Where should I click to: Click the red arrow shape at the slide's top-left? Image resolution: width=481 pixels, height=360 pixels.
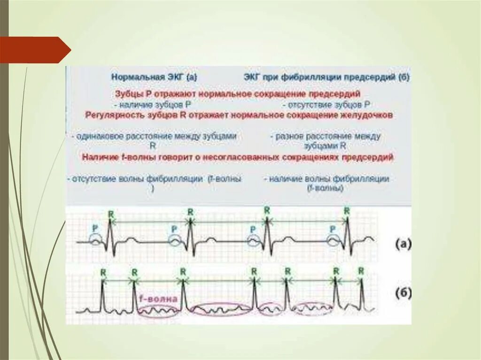(35, 50)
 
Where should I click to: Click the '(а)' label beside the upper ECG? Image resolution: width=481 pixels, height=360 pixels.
(403, 244)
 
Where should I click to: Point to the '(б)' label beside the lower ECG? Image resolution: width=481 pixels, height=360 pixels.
(403, 294)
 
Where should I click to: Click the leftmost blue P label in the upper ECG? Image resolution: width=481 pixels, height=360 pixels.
(95, 228)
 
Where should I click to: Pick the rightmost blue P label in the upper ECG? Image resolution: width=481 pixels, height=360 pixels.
(333, 229)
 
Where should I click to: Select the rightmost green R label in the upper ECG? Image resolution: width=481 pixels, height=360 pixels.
(346, 211)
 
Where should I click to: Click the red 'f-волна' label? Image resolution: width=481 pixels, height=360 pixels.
(158, 299)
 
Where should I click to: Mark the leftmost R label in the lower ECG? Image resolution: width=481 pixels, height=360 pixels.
(103, 272)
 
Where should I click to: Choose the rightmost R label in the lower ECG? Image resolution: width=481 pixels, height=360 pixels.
(361, 271)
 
